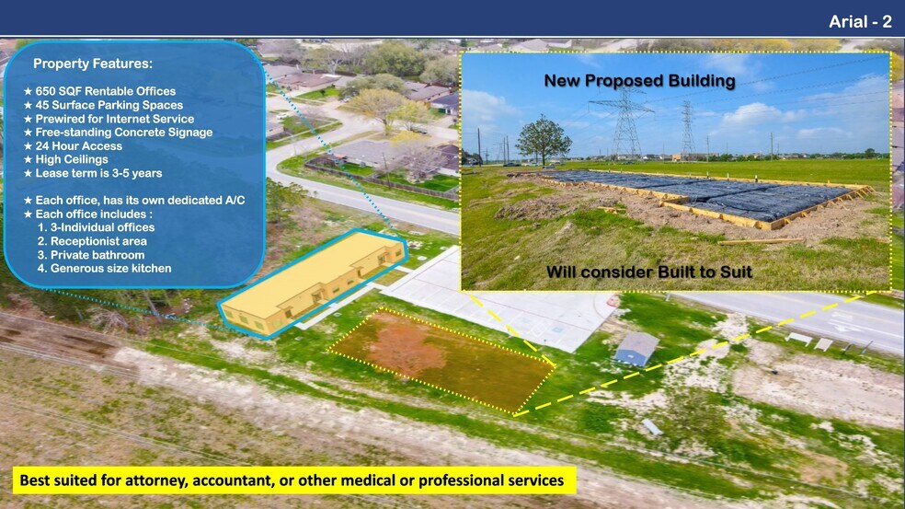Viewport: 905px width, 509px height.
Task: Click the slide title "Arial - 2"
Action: point(860,22)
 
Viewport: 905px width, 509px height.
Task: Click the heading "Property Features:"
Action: point(93,64)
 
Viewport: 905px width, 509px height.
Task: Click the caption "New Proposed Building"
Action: point(639,81)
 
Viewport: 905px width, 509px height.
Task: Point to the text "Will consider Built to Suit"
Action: point(649,272)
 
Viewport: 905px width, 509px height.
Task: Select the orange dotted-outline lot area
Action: point(442,361)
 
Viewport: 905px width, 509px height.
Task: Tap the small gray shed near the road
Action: point(636,349)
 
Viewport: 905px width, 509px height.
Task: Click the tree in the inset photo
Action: point(543,140)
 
